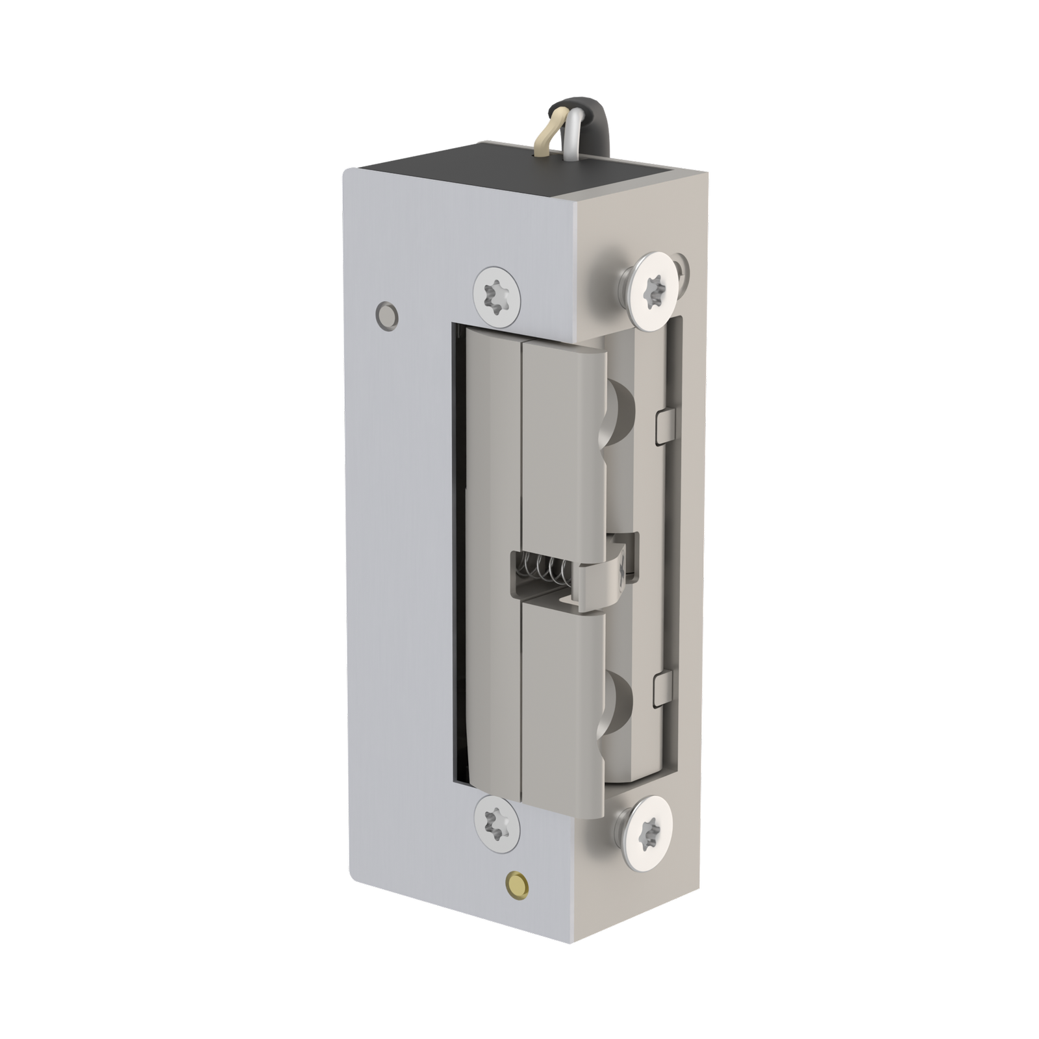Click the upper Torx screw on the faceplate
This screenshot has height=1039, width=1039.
497,295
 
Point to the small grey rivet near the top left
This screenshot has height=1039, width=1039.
387,314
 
